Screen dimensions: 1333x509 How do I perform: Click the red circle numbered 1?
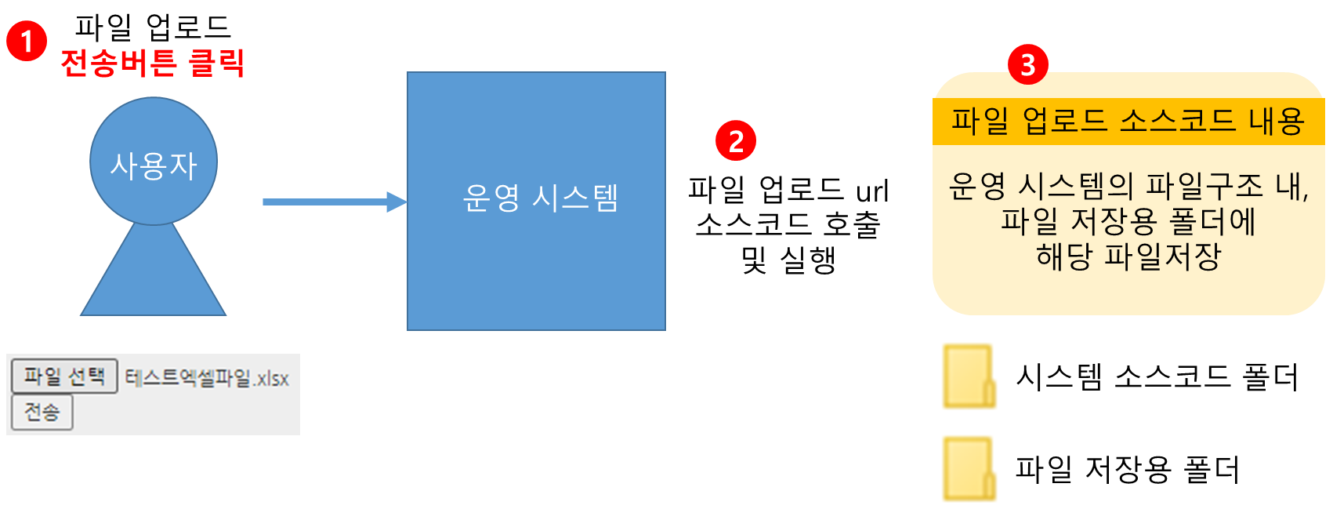(x=26, y=41)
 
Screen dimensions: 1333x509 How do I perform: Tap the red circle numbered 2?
(x=735, y=141)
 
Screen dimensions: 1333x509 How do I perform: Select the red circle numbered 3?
(x=1027, y=64)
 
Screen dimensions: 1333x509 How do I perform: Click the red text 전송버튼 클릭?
(x=153, y=63)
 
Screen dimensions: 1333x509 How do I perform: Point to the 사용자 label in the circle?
(x=154, y=165)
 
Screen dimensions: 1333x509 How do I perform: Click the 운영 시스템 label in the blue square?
(x=540, y=198)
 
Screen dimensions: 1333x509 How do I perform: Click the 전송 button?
(x=42, y=413)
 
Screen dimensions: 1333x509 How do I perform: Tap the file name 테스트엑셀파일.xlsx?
(x=207, y=378)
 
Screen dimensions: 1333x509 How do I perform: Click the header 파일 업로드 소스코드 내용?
(x=1128, y=122)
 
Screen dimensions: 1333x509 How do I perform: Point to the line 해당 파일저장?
(x=1128, y=256)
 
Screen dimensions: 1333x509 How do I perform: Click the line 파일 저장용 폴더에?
(x=1128, y=221)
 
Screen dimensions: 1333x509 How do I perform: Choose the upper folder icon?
(x=970, y=376)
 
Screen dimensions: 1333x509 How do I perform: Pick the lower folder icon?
(x=970, y=468)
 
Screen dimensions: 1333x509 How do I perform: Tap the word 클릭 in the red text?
(x=217, y=63)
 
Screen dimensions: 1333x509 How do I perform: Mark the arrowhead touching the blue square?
(x=397, y=202)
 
